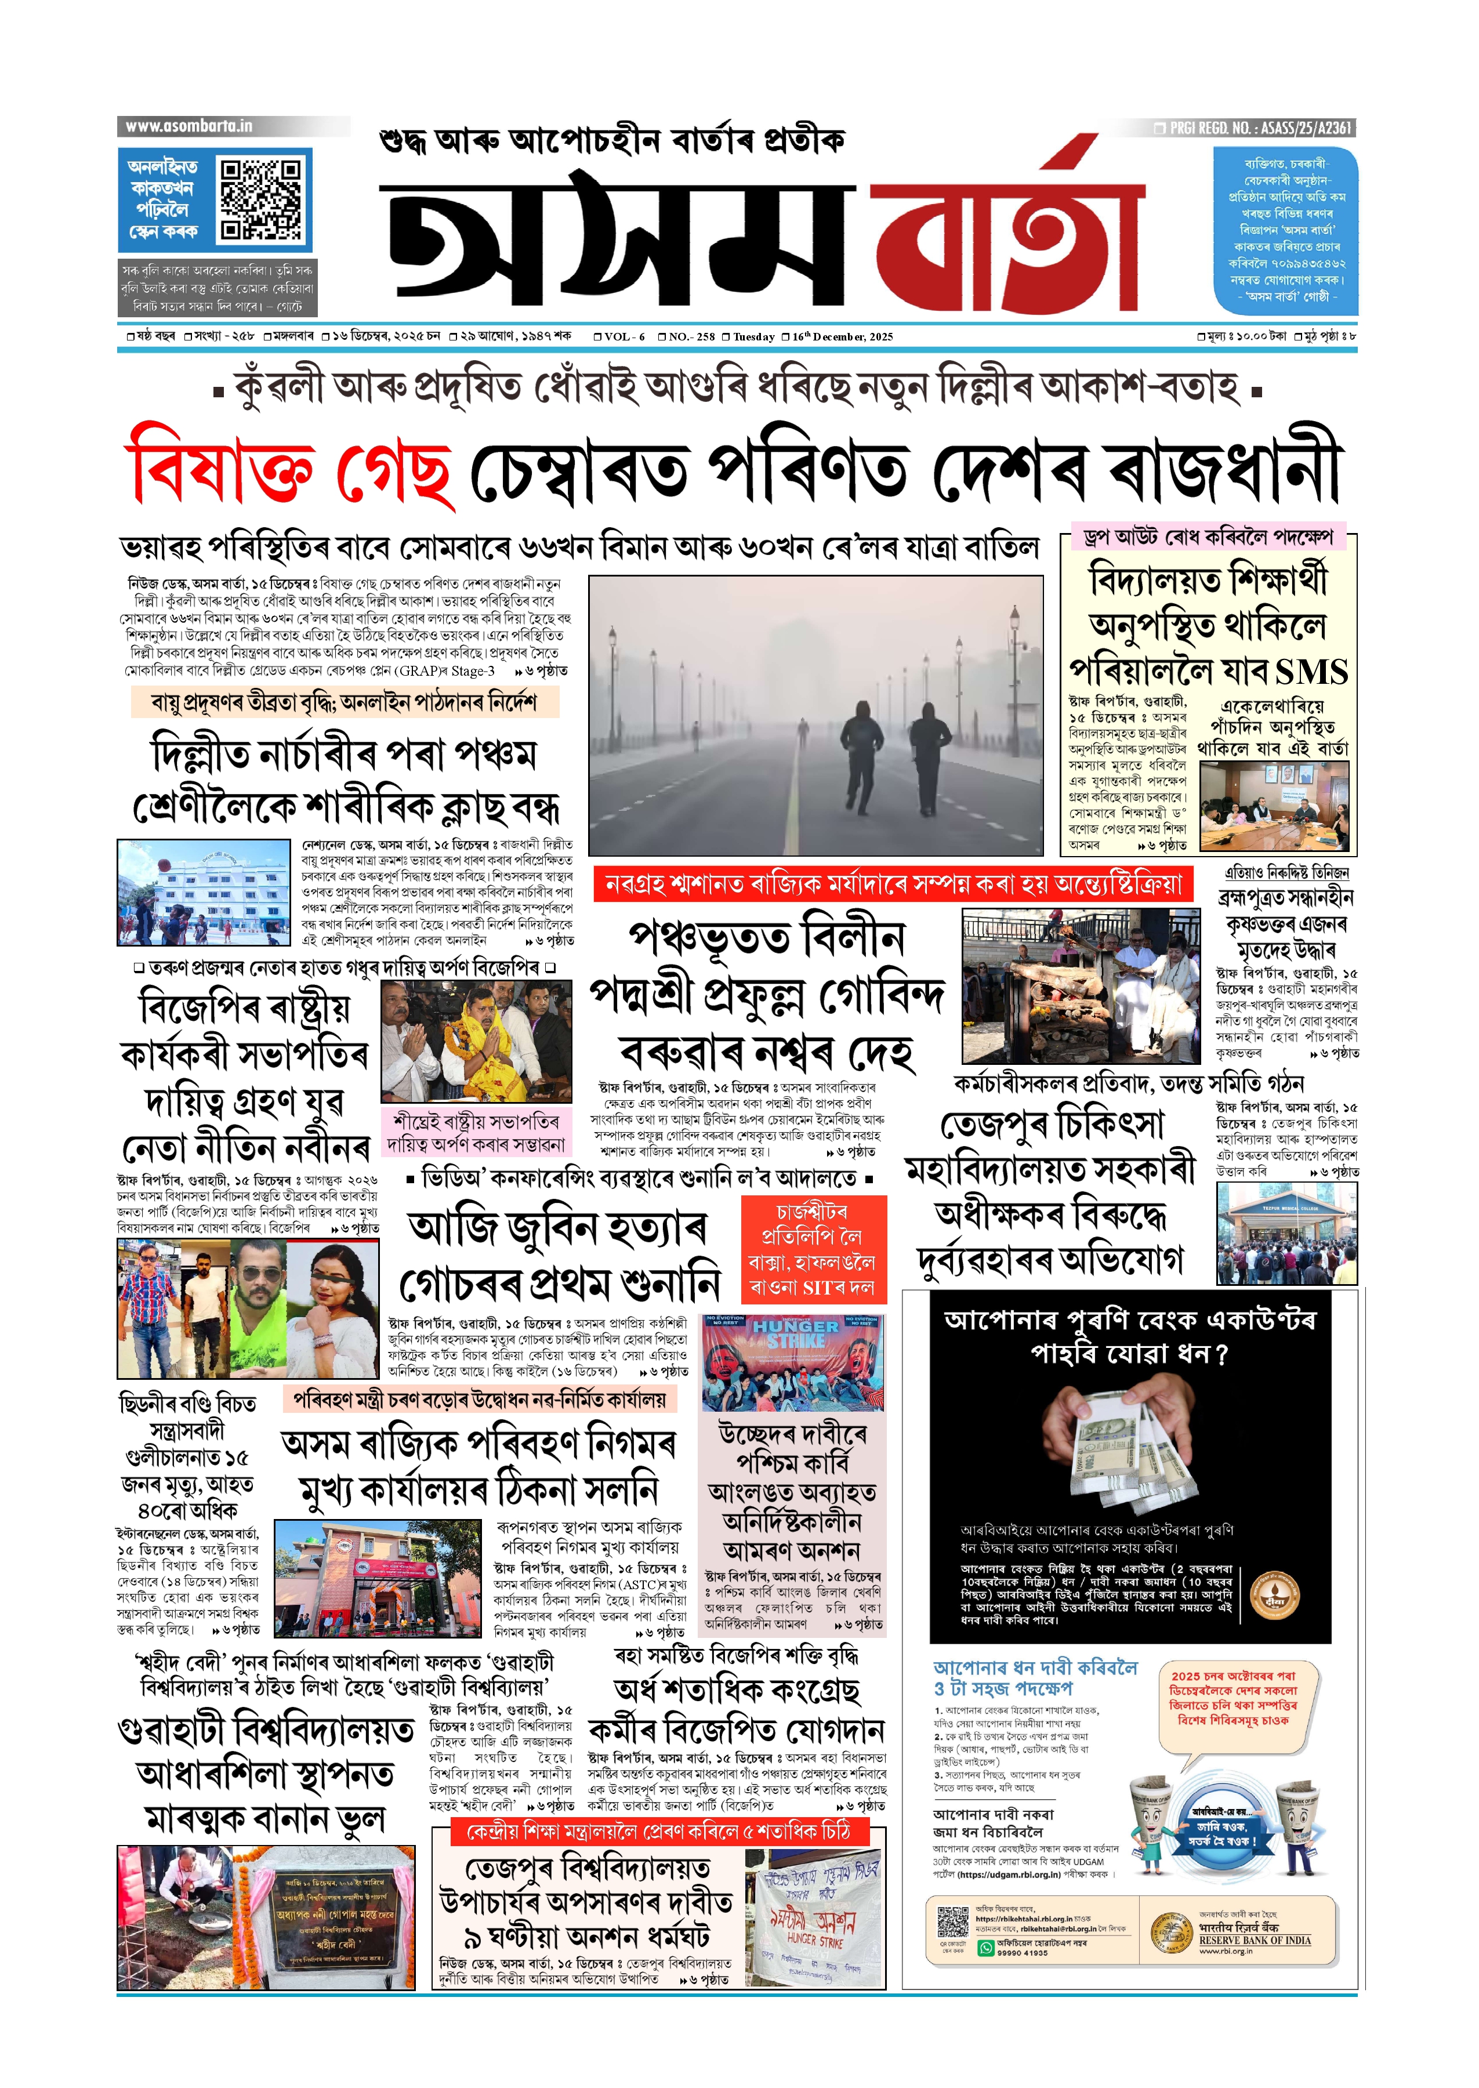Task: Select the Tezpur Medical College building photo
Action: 1285,1234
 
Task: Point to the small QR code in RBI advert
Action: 952,1920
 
